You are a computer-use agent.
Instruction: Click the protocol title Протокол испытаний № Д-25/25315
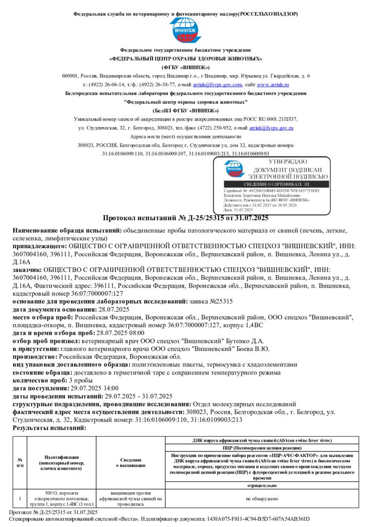(x=186, y=218)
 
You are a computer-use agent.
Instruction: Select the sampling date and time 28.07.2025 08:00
(x=120, y=333)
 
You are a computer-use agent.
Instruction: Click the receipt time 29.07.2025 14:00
(x=94, y=388)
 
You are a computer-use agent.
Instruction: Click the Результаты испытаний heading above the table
(x=49, y=427)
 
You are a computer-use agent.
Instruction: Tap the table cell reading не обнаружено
(x=262, y=499)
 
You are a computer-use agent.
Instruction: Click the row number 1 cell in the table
(x=20, y=499)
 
